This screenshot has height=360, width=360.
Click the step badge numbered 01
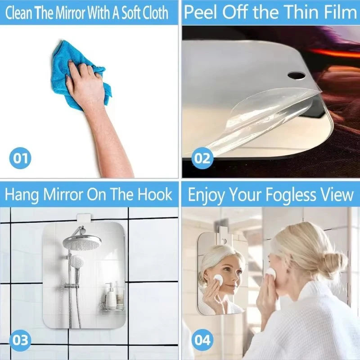click(20, 158)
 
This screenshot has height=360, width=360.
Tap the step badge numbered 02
click(203, 158)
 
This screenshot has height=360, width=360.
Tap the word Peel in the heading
click(200, 12)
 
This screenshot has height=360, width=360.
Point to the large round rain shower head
click(82, 243)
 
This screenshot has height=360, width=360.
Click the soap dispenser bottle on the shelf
click(110, 295)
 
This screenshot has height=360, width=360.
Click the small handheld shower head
click(77, 262)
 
